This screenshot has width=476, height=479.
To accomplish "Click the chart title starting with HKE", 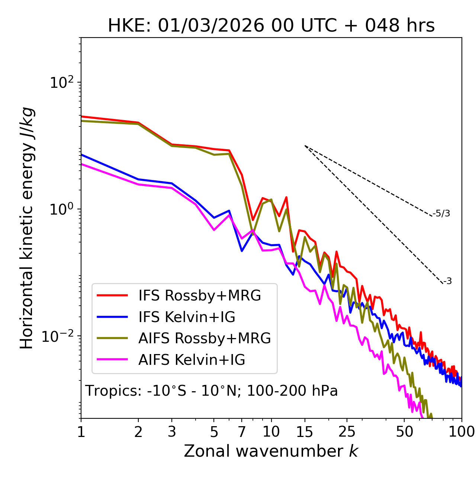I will [x=271, y=26].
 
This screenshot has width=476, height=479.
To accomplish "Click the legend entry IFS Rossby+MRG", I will [x=200, y=295].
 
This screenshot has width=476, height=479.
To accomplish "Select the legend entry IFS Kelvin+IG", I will [x=187, y=317].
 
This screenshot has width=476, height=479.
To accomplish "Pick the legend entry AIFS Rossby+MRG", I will [x=205, y=338].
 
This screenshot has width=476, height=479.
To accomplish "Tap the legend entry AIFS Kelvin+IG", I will [x=192, y=360].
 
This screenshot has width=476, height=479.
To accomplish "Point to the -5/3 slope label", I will [x=441, y=213].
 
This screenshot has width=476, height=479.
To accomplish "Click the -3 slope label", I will [x=447, y=281].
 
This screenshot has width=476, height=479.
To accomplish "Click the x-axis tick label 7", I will [x=242, y=432].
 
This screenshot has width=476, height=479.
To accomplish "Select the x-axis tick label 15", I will [x=305, y=432].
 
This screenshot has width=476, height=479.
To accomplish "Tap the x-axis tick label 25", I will [x=347, y=432].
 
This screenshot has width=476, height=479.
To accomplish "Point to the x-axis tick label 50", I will [x=405, y=432].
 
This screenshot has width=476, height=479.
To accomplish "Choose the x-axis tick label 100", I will [x=461, y=432].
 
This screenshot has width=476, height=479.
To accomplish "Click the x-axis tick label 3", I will [x=172, y=432].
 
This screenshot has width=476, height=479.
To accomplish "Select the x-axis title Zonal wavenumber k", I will [x=271, y=451].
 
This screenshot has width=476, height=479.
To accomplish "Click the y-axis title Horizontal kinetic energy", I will [x=27, y=228].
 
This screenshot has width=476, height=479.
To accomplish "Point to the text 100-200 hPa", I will [x=292, y=391].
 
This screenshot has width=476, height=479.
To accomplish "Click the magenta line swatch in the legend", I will [x=112, y=360].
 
